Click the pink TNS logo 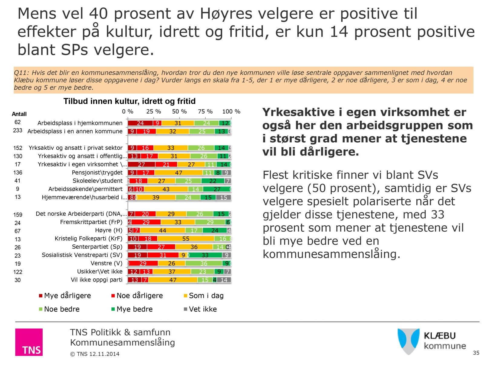(29, 342)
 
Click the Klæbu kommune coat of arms (408, 341)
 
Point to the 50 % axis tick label (179, 112)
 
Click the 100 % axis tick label (231, 112)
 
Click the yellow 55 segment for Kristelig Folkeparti (186, 239)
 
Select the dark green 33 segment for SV (205, 255)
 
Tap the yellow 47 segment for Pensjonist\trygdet (179, 173)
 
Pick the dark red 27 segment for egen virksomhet (141, 164)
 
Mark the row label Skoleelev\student (97, 181)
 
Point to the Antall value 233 (18, 131)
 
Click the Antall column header (19, 114)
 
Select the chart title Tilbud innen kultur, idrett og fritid (129, 101)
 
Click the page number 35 (476, 353)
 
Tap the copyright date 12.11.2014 (104, 354)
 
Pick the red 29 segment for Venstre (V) (143, 263)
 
